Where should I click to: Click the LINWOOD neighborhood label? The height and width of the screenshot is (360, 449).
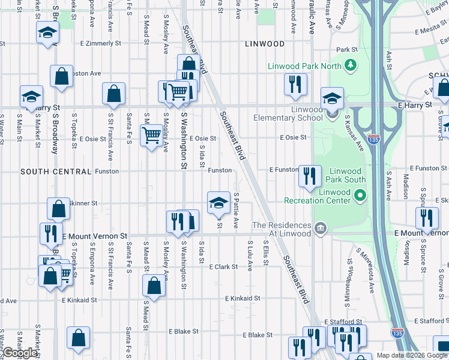coord(265,44)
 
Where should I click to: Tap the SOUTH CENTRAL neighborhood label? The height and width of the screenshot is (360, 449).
coord(55,171)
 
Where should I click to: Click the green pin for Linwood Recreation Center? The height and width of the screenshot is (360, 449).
coord(360,196)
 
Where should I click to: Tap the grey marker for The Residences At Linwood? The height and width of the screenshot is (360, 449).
coord(320,229)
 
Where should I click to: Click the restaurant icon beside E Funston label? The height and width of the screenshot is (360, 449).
coord(310,176)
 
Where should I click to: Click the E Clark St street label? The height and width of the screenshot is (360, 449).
coord(223,266)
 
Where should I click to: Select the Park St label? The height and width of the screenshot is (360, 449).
coord(346,50)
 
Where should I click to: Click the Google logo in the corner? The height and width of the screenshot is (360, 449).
coord(20,352)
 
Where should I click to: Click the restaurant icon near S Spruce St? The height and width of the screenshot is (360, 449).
coord(426,218)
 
